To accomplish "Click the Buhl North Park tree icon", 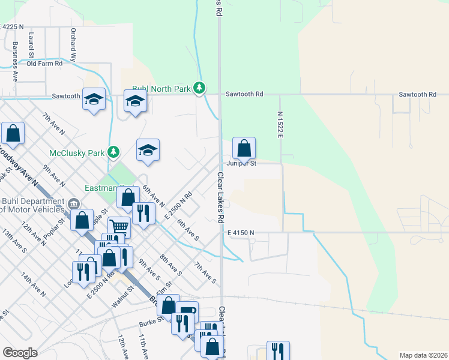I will (200, 89).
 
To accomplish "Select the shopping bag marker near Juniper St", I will (244, 148).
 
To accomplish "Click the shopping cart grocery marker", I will (119, 228).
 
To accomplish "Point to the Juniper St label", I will (241, 163).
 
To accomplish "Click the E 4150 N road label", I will (240, 232).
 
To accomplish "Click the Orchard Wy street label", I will (73, 45).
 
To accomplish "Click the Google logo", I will (20, 352).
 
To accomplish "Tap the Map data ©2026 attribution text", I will (423, 355).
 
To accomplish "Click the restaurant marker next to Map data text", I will (278, 351).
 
